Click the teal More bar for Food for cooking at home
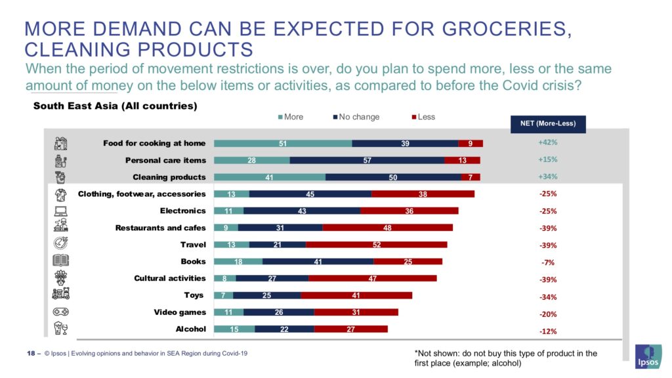[283, 143]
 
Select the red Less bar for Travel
[376, 245]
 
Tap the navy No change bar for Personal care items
[367, 160]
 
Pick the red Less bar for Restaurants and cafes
[387, 228]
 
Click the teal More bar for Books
[238, 262]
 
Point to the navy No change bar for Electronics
[302, 211]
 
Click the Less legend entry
[423, 117]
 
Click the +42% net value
[547, 142]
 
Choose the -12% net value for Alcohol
[548, 331]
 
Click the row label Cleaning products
[169, 177]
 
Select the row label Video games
[180, 312]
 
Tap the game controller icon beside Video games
[61, 312]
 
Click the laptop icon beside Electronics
[61, 211]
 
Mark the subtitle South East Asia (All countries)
[115, 105]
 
